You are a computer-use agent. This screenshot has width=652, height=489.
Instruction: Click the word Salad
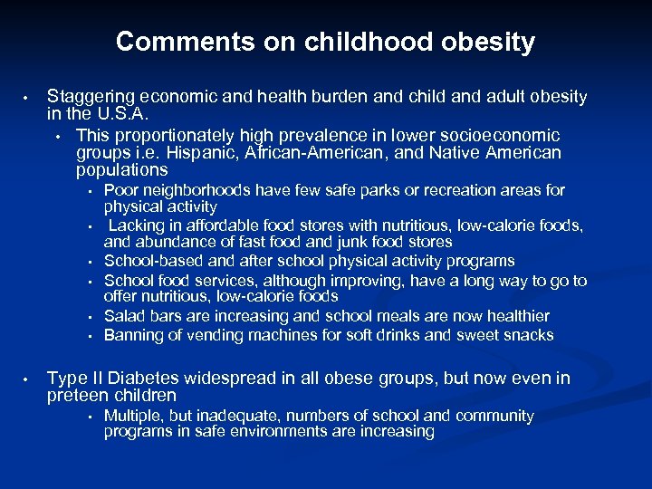point(122,316)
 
